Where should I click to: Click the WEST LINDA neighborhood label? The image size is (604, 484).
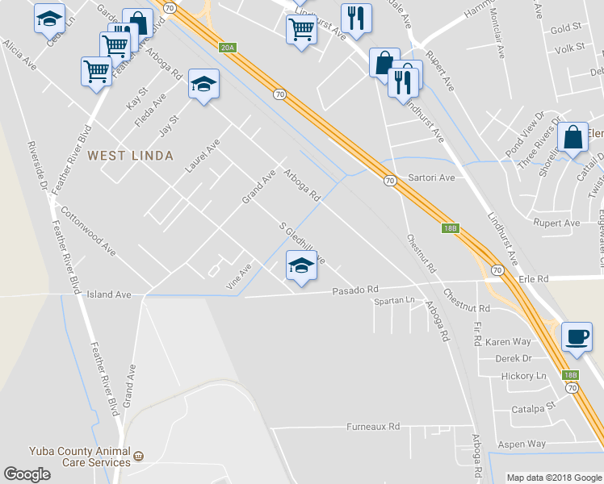[130, 155]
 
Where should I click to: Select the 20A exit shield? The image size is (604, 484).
[227, 48]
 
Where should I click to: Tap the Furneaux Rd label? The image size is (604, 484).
[373, 426]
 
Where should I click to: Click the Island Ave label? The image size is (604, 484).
[109, 295]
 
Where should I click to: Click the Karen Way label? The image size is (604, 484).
[508, 342]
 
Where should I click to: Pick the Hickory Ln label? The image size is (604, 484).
[523, 376]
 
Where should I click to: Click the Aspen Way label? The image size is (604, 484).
[525, 444]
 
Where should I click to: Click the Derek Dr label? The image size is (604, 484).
[513, 358]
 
